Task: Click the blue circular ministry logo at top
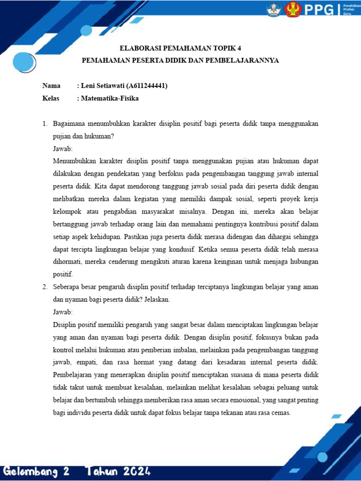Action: [274, 9]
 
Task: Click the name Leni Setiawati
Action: [103, 86]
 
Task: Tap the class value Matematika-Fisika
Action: [110, 98]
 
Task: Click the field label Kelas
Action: [51, 98]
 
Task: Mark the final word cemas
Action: [281, 413]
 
